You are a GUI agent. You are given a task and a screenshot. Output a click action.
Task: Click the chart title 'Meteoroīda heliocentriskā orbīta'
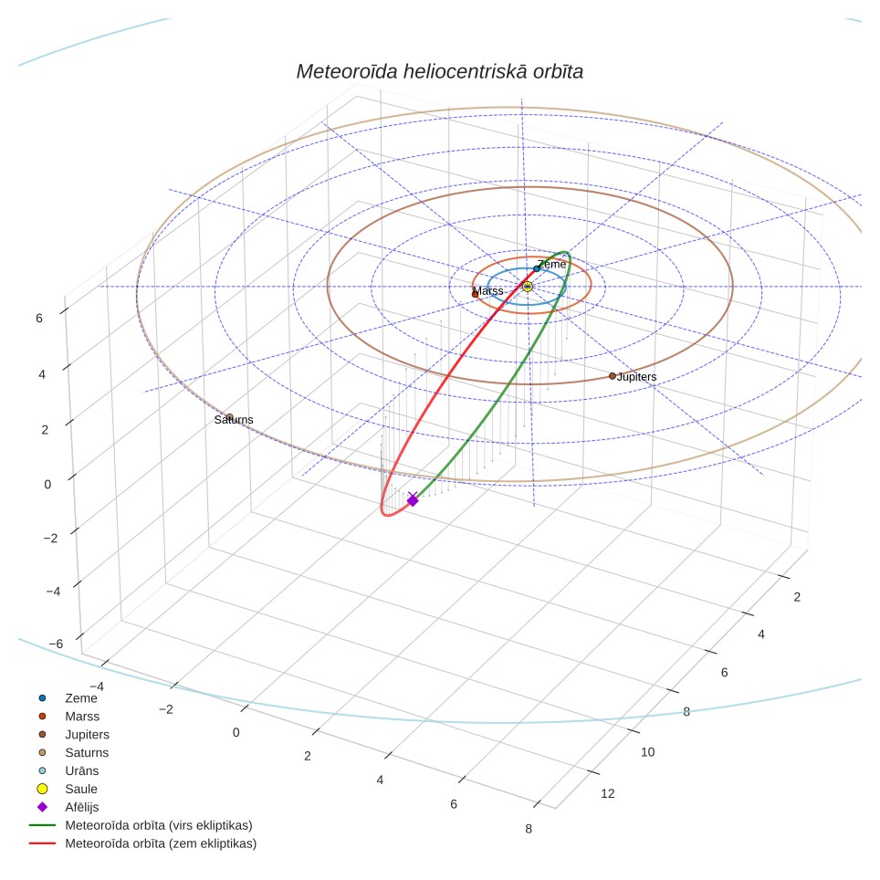click(x=439, y=71)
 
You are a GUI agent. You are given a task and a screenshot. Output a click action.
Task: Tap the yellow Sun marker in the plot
click(x=527, y=287)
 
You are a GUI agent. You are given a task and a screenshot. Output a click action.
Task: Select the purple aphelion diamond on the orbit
click(x=413, y=500)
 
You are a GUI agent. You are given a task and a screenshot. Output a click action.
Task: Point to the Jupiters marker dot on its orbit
click(x=613, y=376)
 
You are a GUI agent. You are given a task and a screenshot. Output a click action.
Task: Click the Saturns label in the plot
click(x=234, y=420)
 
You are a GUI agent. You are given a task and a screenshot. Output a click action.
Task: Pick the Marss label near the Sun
click(x=488, y=290)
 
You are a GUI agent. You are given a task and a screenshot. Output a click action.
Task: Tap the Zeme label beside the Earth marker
click(x=551, y=265)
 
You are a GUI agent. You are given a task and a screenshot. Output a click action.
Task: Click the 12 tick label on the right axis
click(x=608, y=793)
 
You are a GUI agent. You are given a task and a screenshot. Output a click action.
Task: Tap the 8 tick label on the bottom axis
click(x=529, y=829)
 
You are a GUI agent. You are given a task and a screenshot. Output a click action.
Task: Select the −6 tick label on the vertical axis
click(x=56, y=644)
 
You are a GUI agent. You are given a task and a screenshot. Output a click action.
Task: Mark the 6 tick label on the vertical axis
click(x=38, y=319)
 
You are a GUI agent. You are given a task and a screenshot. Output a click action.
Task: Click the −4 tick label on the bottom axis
click(x=97, y=686)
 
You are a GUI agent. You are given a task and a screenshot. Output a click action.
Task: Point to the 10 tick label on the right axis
click(x=647, y=752)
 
